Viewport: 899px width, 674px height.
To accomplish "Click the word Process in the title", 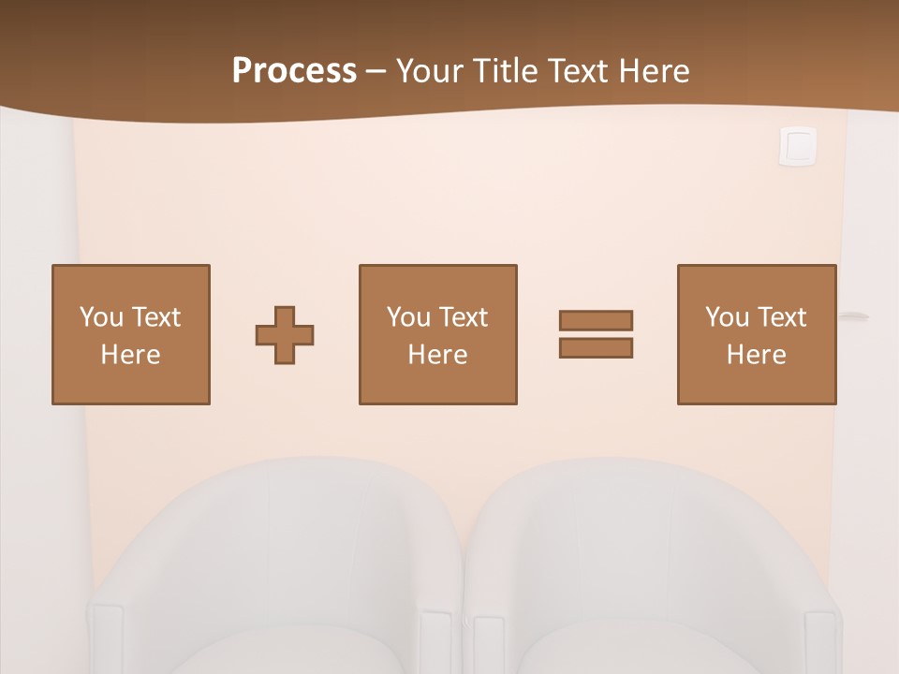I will click(294, 71).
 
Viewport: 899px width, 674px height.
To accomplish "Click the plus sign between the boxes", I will click(285, 335).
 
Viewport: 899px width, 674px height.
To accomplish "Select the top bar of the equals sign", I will click(596, 320).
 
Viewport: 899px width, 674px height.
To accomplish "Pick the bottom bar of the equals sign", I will click(596, 347).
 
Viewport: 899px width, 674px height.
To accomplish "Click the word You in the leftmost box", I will click(101, 317).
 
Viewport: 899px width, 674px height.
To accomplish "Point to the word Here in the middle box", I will click(438, 355).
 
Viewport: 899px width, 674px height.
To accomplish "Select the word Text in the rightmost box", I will click(781, 317).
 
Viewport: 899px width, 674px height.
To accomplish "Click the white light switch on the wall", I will click(798, 146).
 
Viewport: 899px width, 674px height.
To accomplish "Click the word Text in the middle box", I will click(463, 317).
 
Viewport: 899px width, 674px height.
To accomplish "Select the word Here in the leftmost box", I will click(131, 355).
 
